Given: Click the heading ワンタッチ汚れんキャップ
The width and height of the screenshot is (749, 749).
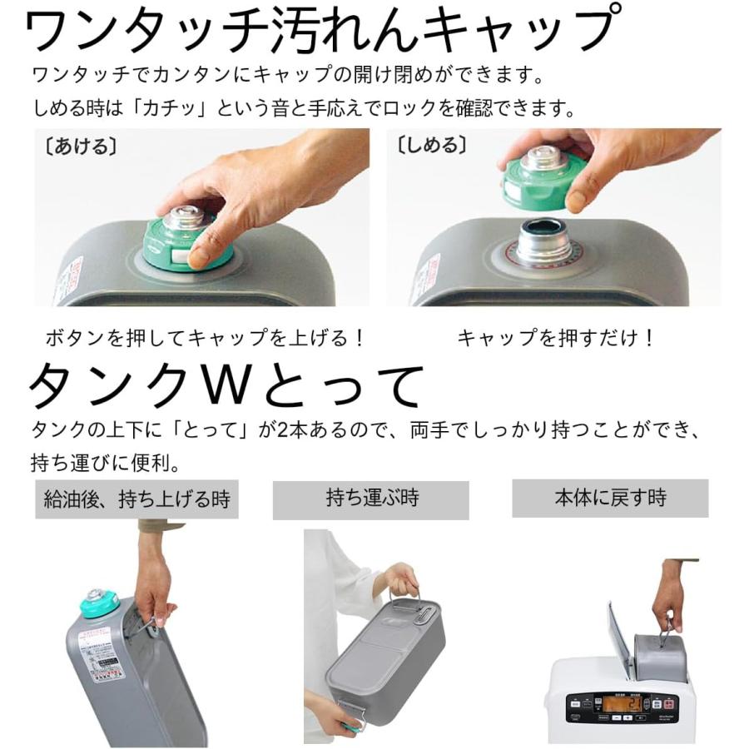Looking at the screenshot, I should coord(320,32).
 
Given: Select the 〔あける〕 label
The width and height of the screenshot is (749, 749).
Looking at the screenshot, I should coord(76,146).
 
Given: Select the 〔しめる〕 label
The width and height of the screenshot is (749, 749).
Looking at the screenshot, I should coord(428,146).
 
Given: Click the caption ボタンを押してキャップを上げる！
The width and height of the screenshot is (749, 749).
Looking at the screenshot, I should coord(205,339).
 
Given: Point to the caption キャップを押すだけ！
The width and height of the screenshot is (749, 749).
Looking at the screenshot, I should coord(557,339).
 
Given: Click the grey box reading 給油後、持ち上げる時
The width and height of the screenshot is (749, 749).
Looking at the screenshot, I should coord(136,499).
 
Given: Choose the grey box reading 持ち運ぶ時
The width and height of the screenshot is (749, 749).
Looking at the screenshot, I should coord(371,499).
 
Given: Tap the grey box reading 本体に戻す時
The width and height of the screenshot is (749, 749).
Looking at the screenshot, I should coord(610,499).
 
